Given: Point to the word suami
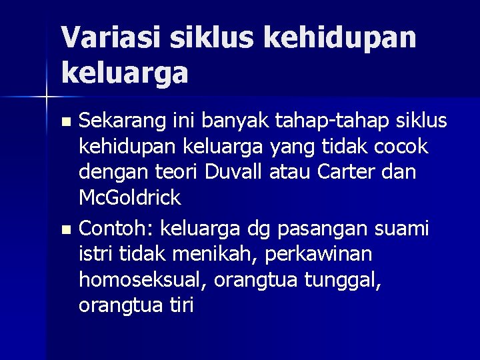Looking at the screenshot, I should tap(400, 229).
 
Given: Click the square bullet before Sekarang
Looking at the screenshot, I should tap(65, 122).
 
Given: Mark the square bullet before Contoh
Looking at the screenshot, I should tap(65, 230).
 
